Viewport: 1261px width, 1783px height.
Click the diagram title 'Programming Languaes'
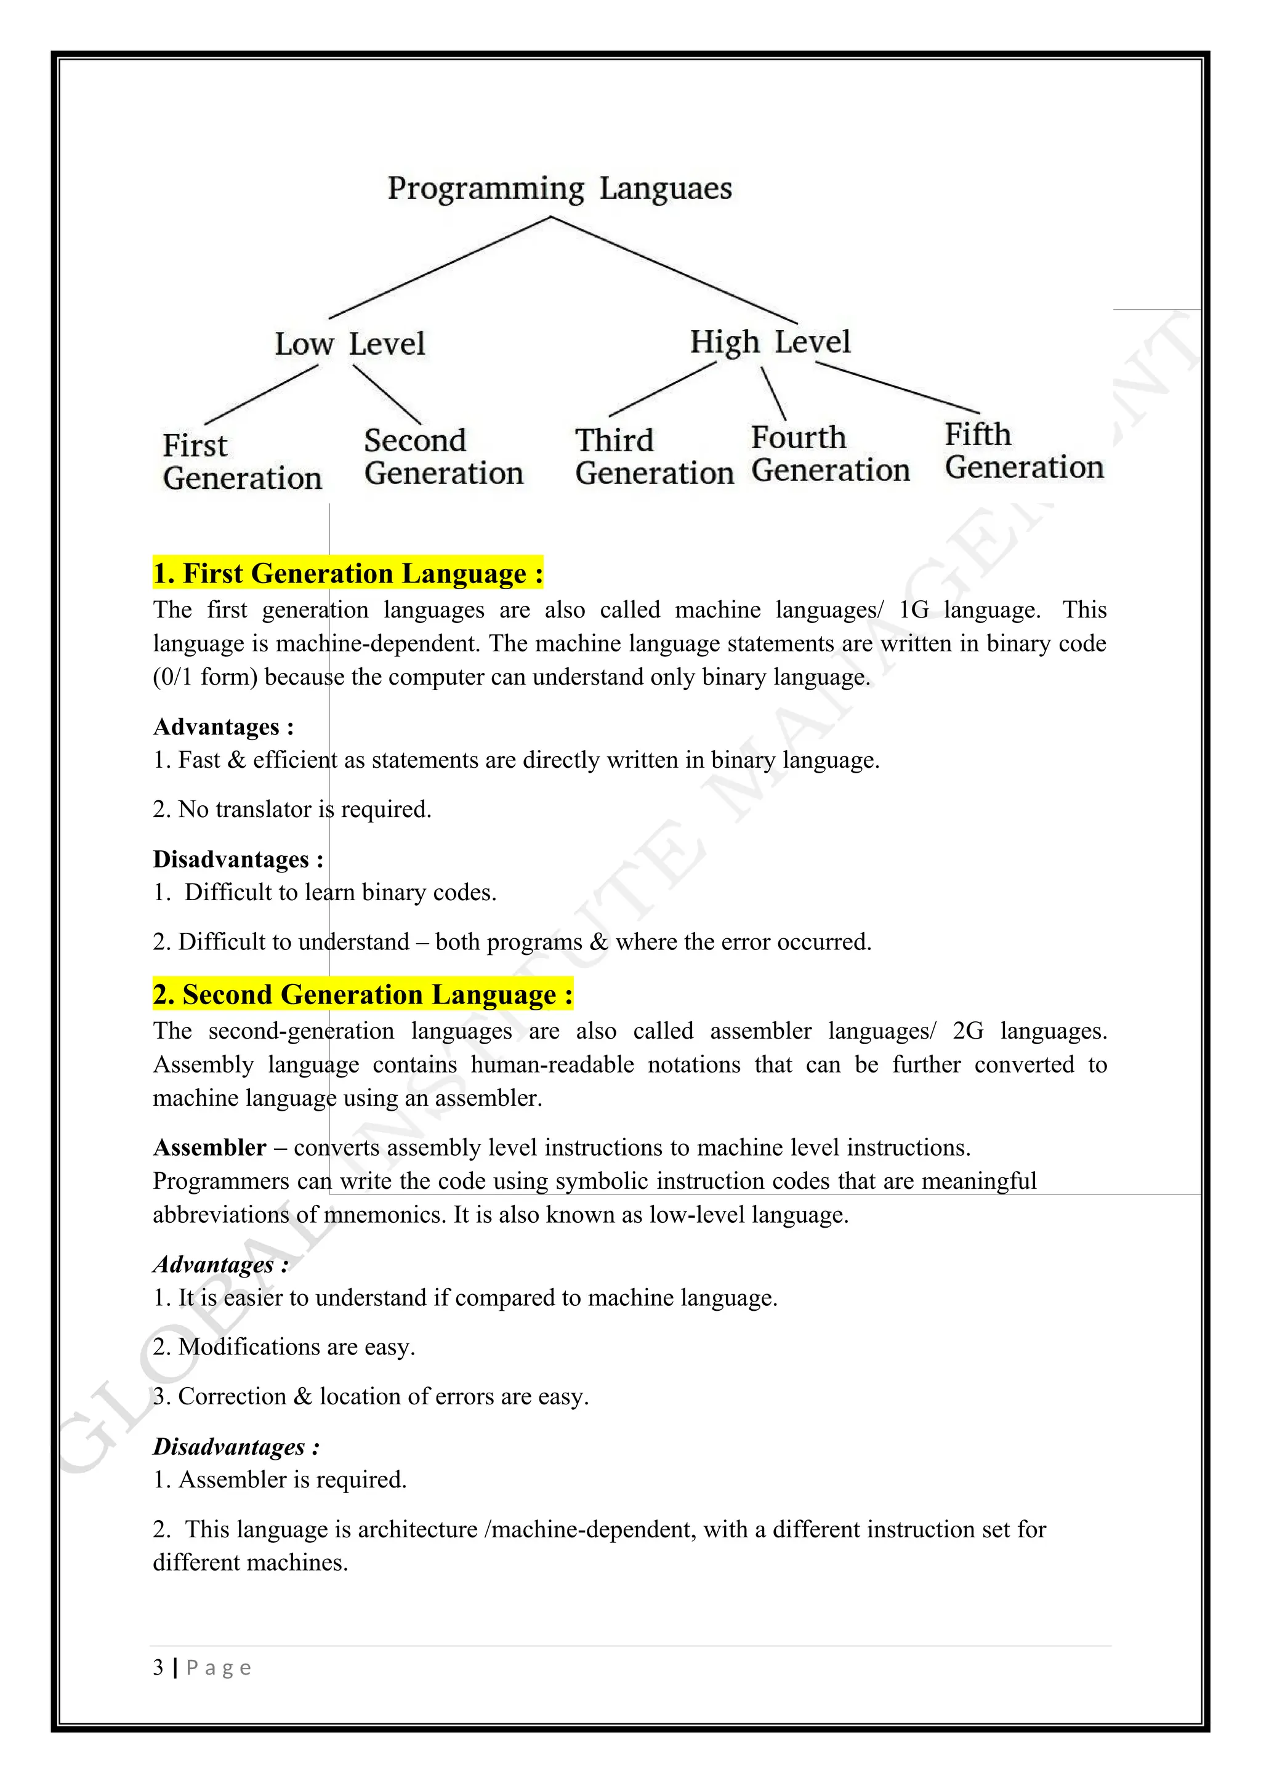[559, 189]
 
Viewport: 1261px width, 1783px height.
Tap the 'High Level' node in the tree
[770, 342]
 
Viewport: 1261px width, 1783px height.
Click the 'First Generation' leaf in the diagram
[241, 462]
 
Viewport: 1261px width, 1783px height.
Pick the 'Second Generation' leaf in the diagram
[443, 457]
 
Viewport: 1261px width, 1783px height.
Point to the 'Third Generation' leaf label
[654, 457]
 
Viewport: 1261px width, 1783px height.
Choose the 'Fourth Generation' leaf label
[829, 454]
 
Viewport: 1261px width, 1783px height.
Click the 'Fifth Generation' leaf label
[1023, 451]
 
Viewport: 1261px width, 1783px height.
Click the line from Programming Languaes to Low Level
[440, 268]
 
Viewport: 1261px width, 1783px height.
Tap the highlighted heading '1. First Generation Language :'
[348, 573]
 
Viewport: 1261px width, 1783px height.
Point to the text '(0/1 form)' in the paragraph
[205, 677]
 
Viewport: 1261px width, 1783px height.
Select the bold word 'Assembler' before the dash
[209, 1147]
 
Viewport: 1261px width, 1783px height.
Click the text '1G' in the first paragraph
[913, 610]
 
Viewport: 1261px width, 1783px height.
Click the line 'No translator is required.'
[304, 809]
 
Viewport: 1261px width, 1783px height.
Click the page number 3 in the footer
[158, 1667]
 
